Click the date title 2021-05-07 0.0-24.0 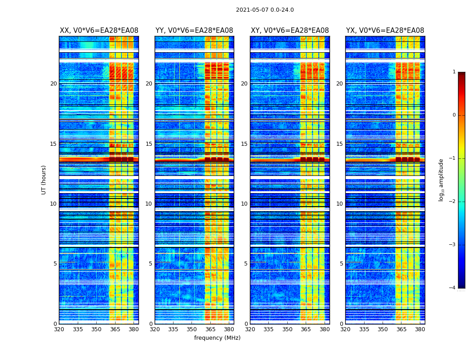pos(265,10)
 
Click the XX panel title pos(99,31)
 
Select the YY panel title pos(194,31)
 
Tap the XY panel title pos(289,31)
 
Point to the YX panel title pos(385,31)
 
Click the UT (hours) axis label pos(44,180)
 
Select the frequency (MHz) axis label pos(217,338)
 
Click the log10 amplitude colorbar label pos(441,180)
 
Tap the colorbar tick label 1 pos(454,72)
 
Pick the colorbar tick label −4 pos(453,288)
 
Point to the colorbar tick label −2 pos(453,202)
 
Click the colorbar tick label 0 pos(454,115)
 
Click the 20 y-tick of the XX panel pos(53,84)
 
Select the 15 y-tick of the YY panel pos(149,144)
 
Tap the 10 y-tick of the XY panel pos(244,204)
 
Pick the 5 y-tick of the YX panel pos(342,264)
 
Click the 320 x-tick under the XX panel pos(59,329)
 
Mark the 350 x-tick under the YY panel pos(192,329)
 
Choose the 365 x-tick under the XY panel pos(306,329)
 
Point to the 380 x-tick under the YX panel pos(420,329)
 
